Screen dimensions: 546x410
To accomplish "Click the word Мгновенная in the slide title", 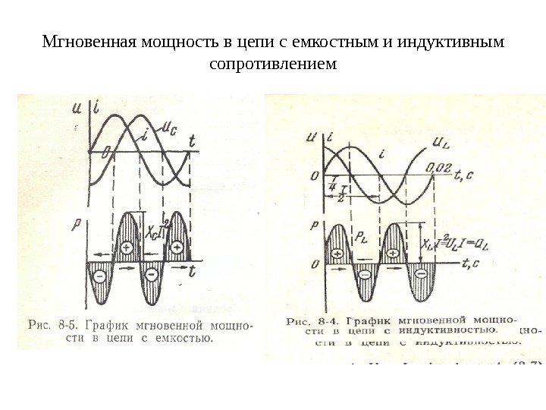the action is (x=85, y=39).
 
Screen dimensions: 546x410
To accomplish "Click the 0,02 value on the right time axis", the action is (x=441, y=167).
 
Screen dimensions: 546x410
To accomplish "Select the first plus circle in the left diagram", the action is (x=127, y=247).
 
